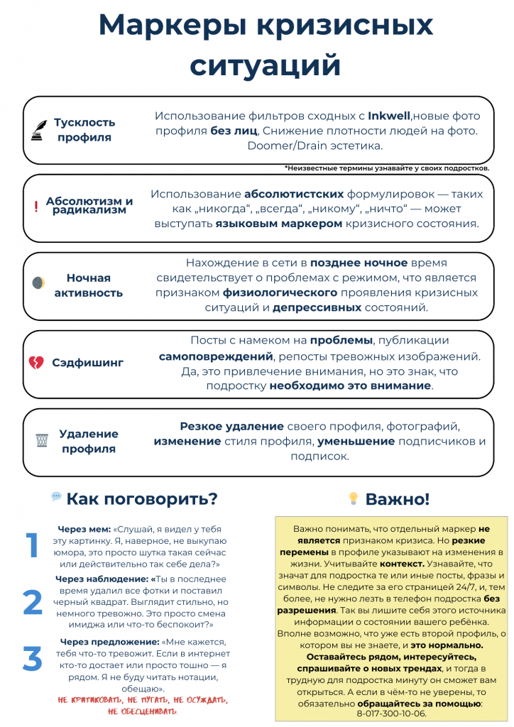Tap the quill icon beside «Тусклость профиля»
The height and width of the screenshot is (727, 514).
pos(37,130)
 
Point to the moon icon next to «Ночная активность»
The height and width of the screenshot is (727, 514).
pos(38,283)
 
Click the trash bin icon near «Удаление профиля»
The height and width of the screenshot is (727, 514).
pos(41,440)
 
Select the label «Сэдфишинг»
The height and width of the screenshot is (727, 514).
pos(87,363)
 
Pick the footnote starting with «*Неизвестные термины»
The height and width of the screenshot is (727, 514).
pos(387,168)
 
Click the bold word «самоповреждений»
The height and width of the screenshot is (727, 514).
pos(216,356)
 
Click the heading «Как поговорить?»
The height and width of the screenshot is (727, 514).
pos(142,499)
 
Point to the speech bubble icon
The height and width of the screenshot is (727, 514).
pos(56,497)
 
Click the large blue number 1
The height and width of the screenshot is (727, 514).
pos(32,546)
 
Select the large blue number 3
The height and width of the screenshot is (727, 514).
pos(33,659)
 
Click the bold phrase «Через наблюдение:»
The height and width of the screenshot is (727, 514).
pos(102,579)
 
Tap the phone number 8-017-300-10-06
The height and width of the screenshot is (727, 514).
pos(391,713)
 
